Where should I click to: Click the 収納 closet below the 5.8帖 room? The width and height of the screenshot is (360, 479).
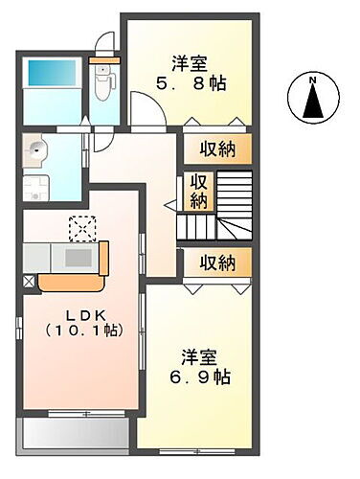[219, 148]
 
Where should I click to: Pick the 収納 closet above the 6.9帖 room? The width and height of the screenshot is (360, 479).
[219, 261]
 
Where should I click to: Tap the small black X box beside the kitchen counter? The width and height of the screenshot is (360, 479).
[29, 282]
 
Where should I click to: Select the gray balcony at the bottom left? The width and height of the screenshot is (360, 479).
[75, 433]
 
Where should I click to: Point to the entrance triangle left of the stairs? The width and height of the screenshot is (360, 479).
[169, 203]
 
